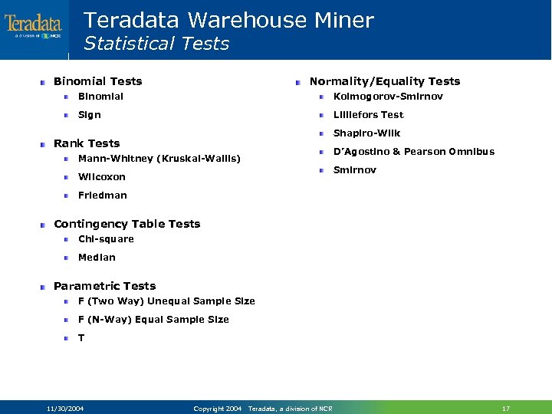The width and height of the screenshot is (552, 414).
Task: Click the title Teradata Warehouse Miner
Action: [x=228, y=20]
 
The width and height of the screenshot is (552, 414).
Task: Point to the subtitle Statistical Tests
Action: [x=156, y=44]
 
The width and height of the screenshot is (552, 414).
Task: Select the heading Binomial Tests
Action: [x=97, y=81]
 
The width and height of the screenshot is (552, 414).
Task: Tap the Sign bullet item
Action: [x=90, y=115]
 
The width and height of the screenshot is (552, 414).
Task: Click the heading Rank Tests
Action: [x=87, y=143]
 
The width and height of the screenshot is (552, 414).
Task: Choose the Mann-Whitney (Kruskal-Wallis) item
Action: [x=159, y=159]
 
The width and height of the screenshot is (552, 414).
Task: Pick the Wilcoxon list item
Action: [x=102, y=177]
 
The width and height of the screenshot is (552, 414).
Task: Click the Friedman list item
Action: [x=103, y=195]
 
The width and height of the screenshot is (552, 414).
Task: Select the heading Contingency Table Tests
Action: [x=127, y=224]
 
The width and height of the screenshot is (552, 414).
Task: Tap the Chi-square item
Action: [x=106, y=239]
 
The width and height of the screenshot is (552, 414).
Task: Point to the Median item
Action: [x=97, y=258]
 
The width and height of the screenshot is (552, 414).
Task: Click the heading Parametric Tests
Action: [x=104, y=286]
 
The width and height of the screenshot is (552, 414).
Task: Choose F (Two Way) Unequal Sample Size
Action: [x=166, y=301]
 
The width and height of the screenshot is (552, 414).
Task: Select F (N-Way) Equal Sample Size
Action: [x=153, y=320]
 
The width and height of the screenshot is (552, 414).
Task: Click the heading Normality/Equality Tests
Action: [x=384, y=81]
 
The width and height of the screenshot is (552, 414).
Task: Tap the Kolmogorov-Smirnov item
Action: [x=388, y=97]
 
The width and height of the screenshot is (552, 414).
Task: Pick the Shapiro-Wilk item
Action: [x=366, y=133]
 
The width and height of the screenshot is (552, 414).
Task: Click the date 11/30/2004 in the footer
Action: [x=65, y=409]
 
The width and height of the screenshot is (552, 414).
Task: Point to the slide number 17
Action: [x=505, y=409]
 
